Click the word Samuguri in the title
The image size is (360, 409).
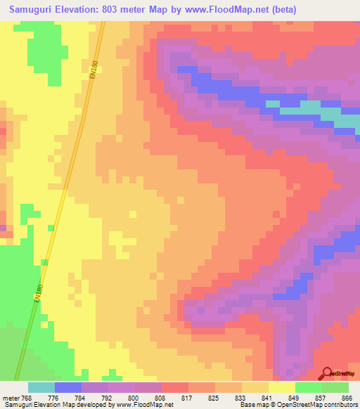tap(35, 10)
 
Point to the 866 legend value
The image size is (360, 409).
tap(346, 398)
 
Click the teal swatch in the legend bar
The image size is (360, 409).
tap(41, 387)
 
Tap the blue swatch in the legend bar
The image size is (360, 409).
tap(68, 387)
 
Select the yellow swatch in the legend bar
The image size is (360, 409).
tap(281, 387)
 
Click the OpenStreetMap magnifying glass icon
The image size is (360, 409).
tap(326, 372)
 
